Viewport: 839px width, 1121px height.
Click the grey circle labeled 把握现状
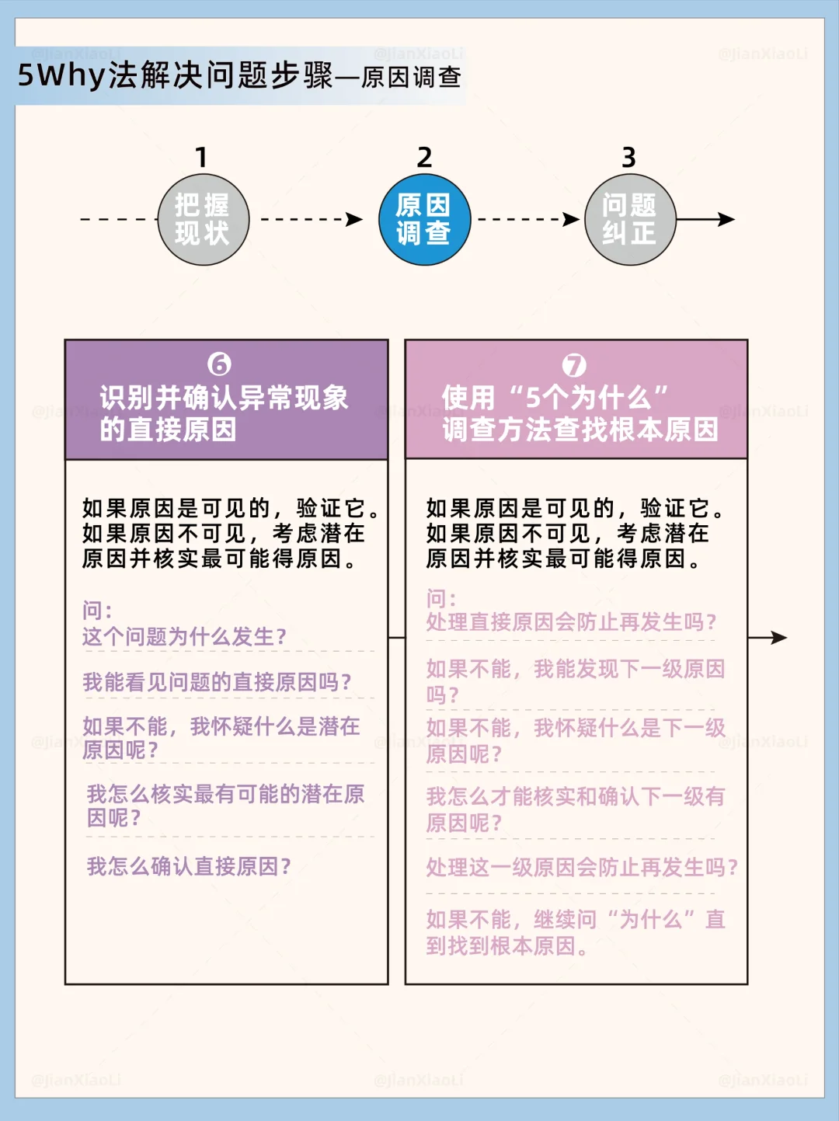coord(203,220)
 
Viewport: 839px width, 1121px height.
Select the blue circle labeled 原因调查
coord(424,220)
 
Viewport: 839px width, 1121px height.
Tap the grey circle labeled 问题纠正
coord(629,220)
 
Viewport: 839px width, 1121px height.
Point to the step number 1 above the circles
coord(201,158)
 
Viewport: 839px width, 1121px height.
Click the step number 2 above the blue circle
coord(424,158)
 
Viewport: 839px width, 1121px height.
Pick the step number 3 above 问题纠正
coord(628,158)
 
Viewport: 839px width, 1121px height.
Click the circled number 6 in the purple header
coord(220,364)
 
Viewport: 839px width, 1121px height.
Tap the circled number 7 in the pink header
coord(574,365)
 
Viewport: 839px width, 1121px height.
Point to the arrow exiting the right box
coord(768,638)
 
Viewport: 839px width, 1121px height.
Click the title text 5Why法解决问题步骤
coord(175,76)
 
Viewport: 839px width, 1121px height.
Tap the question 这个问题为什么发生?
coord(185,637)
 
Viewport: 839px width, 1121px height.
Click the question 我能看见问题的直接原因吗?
coord(218,682)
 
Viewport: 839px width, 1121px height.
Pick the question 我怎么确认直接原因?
coord(189,866)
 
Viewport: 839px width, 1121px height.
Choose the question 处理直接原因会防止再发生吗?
coord(571,622)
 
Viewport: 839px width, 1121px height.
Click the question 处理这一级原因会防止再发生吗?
coord(581,867)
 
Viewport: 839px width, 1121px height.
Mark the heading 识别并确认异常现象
coord(224,398)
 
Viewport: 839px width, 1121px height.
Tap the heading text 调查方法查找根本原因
coord(580,430)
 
